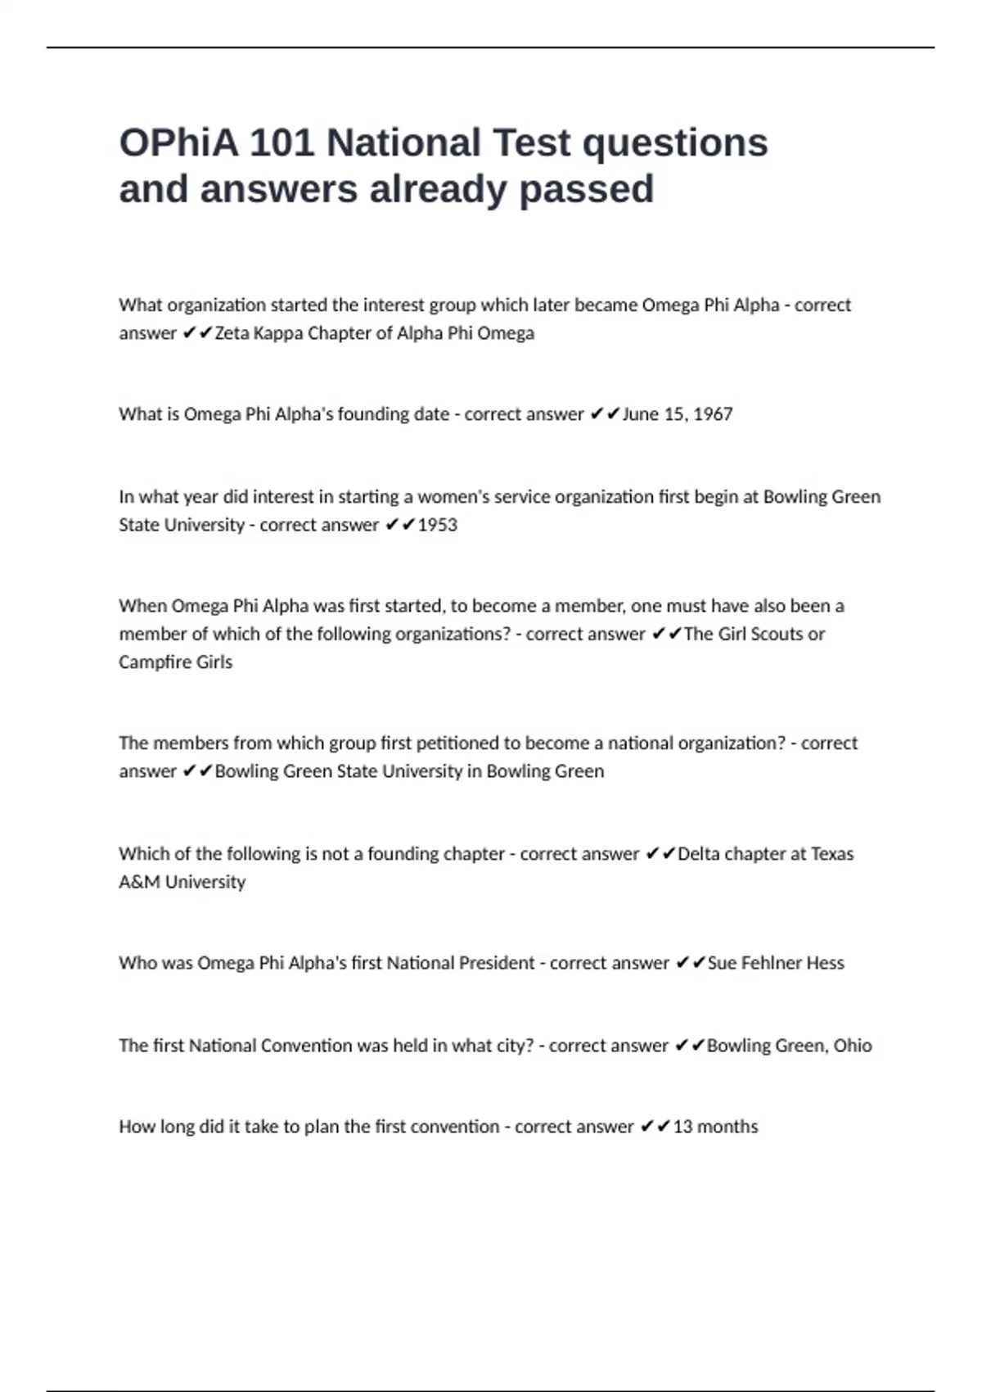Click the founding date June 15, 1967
(x=678, y=414)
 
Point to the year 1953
(x=438, y=525)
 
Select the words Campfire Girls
(x=175, y=662)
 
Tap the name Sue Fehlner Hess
(x=776, y=963)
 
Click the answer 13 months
(x=715, y=1127)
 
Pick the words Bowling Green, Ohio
(x=789, y=1046)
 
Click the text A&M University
(x=182, y=882)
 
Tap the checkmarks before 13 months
(x=655, y=1127)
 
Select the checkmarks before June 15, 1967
(x=605, y=414)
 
